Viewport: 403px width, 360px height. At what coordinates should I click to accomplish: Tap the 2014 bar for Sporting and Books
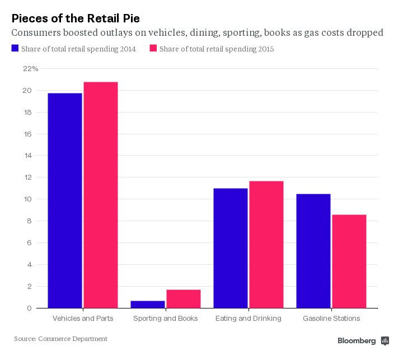(148, 305)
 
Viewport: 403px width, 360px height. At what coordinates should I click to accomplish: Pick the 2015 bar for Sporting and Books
(184, 299)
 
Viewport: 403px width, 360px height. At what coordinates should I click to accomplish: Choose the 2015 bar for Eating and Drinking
(266, 245)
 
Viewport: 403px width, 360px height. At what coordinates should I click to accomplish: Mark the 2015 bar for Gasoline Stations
(349, 261)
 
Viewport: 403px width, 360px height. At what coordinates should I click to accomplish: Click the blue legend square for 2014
(15, 49)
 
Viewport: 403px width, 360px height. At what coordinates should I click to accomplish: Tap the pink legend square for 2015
(153, 49)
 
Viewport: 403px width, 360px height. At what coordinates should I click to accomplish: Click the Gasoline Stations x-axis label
(331, 319)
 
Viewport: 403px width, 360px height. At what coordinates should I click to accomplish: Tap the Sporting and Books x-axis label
(166, 319)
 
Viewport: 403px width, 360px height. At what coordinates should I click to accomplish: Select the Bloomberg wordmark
(357, 340)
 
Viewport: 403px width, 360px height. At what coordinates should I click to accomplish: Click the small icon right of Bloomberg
(385, 340)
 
